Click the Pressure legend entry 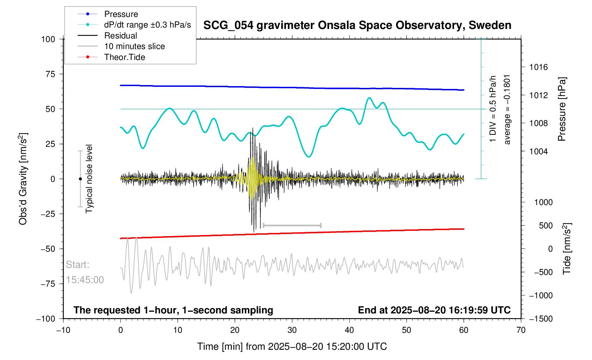pos(121,14)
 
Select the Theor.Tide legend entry pos(124,57)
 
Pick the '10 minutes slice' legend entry pos(134,46)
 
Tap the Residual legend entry pos(120,36)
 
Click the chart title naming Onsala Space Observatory pos(357,25)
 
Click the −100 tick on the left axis pos(46,319)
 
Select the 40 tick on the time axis pos(349,330)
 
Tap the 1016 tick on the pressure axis pos(538,67)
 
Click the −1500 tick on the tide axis pos(540,319)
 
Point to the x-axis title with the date pos(292,347)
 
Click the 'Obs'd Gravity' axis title pos(23,179)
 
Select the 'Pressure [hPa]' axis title pos(562,109)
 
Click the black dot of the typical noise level pos(80,179)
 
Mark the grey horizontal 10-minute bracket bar pos(292,225)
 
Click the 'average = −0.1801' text pos(507,109)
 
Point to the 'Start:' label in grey pos(77,265)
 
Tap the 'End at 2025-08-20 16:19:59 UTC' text pos(434,310)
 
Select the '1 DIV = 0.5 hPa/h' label pos(493,109)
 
